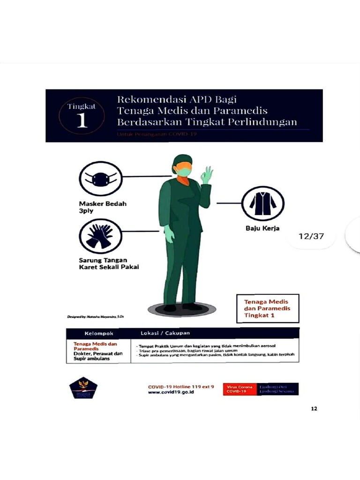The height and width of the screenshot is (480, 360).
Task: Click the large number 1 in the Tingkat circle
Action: pyautogui.click(x=82, y=120)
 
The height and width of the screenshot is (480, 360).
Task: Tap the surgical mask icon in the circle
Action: pyautogui.click(x=100, y=179)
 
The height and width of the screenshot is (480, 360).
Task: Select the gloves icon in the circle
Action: pyautogui.click(x=100, y=236)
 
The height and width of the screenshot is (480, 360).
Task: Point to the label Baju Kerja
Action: pyautogui.click(x=262, y=229)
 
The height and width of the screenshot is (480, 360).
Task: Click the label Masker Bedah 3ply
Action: pyautogui.click(x=102, y=207)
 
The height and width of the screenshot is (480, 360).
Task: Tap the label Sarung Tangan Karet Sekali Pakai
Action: pyautogui.click(x=109, y=263)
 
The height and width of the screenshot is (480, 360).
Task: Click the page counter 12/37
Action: pyautogui.click(x=311, y=236)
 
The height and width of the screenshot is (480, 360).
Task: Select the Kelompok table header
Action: pyautogui.click(x=96, y=333)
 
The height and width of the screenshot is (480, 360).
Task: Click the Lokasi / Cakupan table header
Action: pyautogui.click(x=165, y=333)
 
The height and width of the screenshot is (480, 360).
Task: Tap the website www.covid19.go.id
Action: pyautogui.click(x=171, y=392)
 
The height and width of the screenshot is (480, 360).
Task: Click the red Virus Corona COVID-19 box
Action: pyautogui.click(x=240, y=389)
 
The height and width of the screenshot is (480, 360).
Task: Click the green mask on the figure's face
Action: pyautogui.click(x=184, y=171)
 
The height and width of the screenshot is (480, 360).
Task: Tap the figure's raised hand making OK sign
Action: pyautogui.click(x=206, y=175)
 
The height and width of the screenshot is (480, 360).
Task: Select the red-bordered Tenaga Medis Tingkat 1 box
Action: pyautogui.click(x=266, y=308)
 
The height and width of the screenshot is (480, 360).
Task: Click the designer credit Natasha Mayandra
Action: pyautogui.click(x=96, y=317)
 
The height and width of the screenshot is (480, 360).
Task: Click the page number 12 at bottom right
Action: pyautogui.click(x=314, y=409)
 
